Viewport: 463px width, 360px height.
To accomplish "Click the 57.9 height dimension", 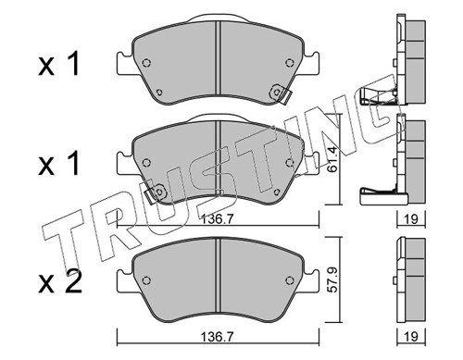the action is (332, 279).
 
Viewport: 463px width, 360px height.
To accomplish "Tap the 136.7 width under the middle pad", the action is (218, 219).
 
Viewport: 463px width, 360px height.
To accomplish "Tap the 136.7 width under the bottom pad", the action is (218, 337).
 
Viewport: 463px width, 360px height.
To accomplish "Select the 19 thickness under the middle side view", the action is (411, 218).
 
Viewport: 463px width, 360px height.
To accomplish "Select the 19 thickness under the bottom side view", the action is (411, 336).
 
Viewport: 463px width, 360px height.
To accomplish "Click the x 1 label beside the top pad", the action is (58, 64).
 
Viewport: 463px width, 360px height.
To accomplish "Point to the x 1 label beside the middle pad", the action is (58, 164).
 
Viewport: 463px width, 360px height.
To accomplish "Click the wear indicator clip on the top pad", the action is (281, 93).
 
